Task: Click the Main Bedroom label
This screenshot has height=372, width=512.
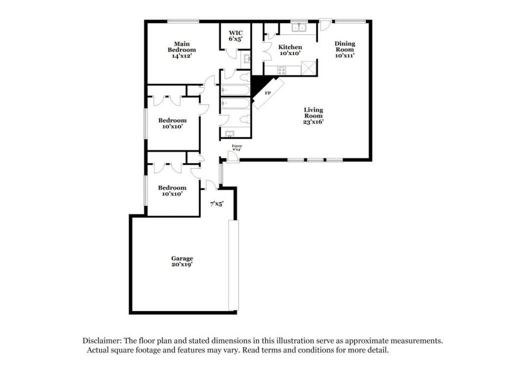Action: click(182, 49)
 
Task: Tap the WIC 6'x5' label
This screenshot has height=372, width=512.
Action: click(235, 36)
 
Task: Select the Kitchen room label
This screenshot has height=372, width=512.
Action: click(290, 50)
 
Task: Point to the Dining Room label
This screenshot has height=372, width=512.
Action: click(345, 49)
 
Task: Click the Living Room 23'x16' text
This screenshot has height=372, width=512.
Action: click(313, 116)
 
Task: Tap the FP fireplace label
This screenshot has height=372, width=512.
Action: click(268, 93)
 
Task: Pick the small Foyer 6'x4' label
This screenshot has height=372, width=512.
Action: click(236, 147)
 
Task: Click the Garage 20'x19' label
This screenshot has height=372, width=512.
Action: click(182, 261)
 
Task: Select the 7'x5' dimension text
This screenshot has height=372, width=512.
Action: click(217, 204)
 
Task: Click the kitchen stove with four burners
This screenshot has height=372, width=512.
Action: click(281, 70)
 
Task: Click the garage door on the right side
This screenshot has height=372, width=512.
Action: click(233, 265)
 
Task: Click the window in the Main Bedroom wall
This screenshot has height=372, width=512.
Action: click(183, 21)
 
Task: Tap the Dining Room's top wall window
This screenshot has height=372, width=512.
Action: click(350, 21)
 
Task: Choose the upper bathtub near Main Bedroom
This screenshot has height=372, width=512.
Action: click(235, 90)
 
